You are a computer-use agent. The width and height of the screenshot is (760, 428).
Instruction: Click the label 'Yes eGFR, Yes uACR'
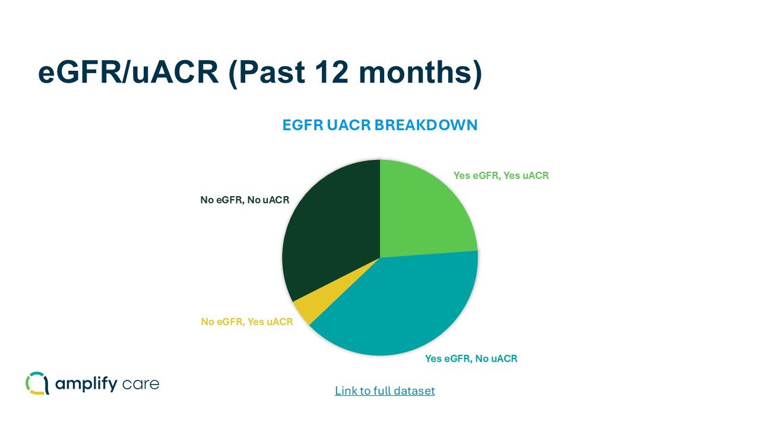501,175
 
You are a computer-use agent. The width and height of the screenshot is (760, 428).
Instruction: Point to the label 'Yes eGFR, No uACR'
471,358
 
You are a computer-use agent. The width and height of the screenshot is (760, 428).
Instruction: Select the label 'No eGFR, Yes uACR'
246,322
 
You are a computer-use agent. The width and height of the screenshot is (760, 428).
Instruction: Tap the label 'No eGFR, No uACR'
245,200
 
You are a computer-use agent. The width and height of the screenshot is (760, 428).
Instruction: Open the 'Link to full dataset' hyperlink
385,391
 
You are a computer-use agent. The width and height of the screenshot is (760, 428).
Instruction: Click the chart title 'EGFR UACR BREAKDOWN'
380,125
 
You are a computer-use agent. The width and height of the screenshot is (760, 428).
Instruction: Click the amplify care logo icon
37,383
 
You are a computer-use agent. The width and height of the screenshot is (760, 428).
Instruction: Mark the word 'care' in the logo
141,384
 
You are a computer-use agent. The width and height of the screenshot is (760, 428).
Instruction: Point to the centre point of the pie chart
380,257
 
